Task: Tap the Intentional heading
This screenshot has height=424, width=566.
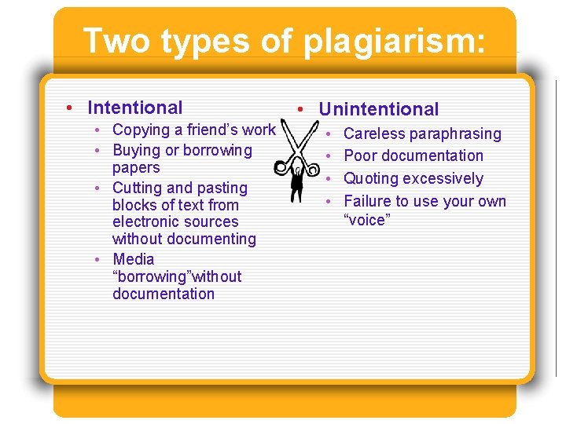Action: [135, 108]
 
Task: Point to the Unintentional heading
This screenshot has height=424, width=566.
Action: [379, 109]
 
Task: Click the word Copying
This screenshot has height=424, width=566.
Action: [141, 130]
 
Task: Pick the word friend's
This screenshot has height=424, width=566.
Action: [208, 130]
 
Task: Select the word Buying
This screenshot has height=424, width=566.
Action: [137, 150]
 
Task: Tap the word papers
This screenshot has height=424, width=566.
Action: [136, 167]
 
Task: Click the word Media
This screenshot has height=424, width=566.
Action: [134, 259]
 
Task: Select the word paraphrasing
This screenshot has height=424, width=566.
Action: [456, 134]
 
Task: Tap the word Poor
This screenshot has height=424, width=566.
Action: [361, 155]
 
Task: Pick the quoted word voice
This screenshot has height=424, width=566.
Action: [367, 220]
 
